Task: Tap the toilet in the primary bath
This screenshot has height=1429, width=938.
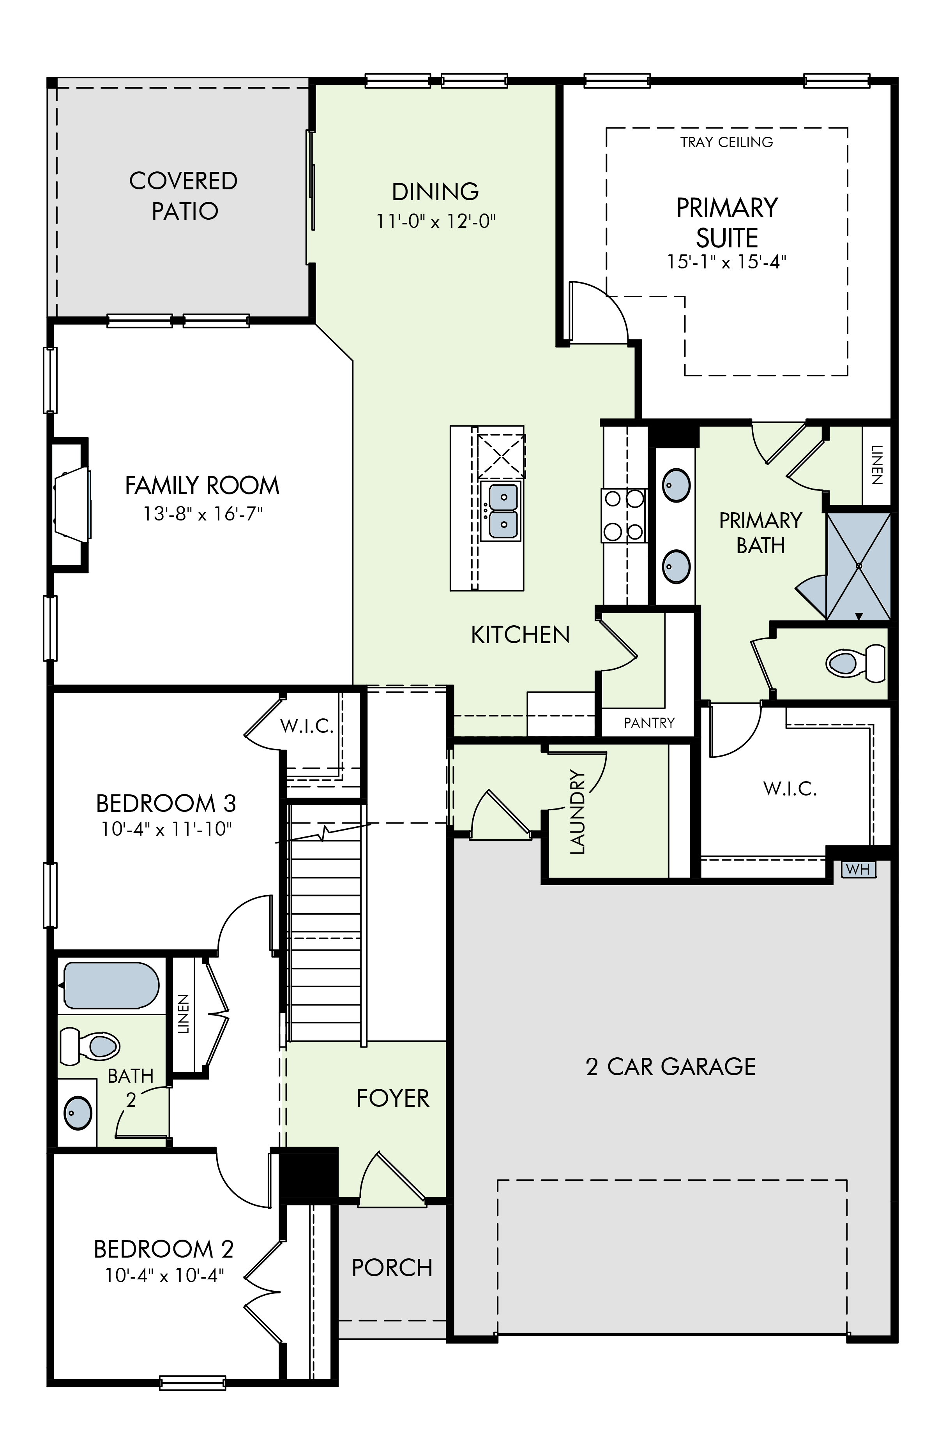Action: tap(856, 662)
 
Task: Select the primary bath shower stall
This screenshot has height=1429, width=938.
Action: tap(859, 566)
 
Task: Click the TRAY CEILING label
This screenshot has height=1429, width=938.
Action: tap(727, 142)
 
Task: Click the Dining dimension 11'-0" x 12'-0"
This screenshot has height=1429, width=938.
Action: tap(436, 222)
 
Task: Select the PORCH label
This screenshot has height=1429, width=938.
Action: tap(392, 1267)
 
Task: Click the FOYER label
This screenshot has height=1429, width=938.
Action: tap(393, 1098)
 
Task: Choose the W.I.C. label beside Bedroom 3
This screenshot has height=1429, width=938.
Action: tap(307, 726)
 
